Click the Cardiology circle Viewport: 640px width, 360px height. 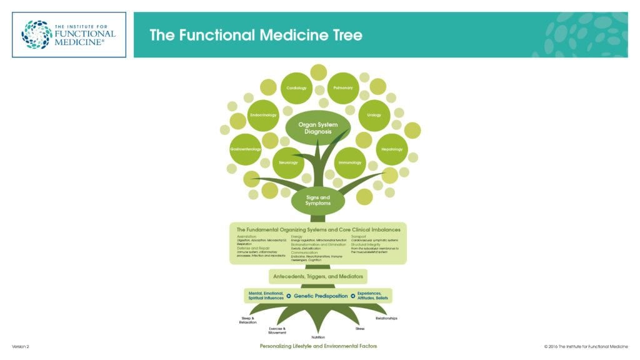297,88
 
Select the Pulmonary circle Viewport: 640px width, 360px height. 343,88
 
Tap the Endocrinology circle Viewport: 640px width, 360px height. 263,116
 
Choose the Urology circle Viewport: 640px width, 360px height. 374,116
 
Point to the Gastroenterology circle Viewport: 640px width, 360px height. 245,149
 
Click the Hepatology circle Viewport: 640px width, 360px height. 392,149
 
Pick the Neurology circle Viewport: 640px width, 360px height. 288,163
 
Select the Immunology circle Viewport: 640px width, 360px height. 350,163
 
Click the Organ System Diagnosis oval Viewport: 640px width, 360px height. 318,127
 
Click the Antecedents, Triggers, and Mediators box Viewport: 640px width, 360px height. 317,276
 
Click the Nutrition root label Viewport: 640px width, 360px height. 319,337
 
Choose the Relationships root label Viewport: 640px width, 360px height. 386,318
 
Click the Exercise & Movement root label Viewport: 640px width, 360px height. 277,330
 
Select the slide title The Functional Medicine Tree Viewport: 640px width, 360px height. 256,35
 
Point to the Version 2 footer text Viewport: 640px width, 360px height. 21,346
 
